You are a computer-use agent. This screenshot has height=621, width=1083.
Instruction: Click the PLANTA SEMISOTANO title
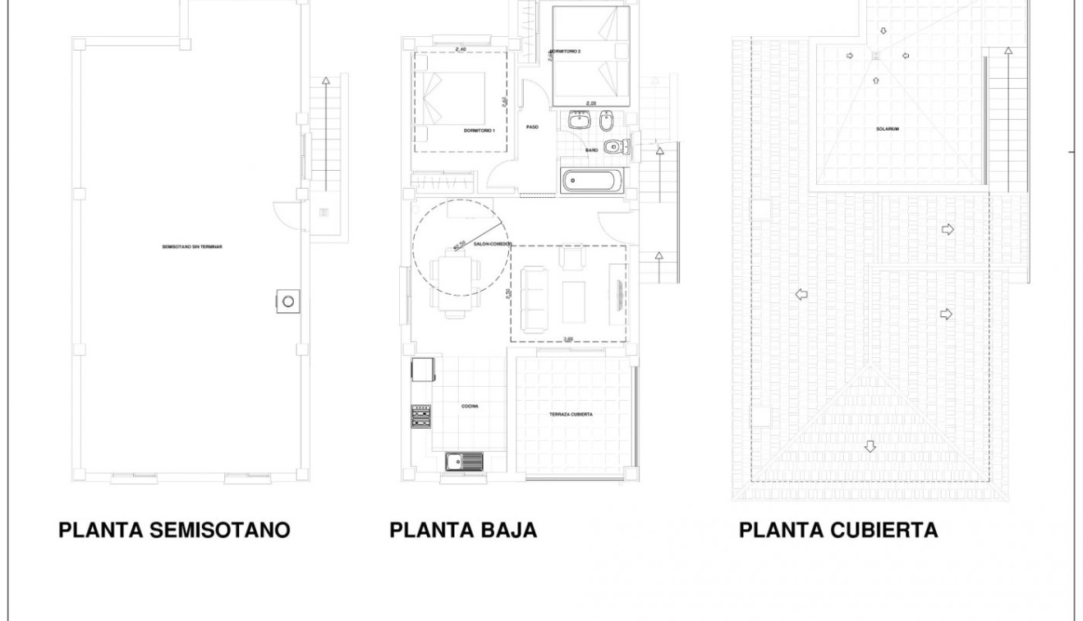click(174, 530)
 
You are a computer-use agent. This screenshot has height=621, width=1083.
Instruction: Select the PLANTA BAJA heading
click(463, 530)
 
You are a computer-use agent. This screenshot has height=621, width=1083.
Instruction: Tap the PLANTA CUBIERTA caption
click(838, 530)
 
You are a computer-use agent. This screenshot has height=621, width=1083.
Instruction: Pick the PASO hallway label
click(531, 126)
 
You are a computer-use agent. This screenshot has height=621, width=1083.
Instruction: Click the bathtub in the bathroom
click(592, 180)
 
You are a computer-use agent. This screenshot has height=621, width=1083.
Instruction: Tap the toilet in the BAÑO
click(613, 148)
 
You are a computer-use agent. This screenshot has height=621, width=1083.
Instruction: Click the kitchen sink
click(464, 462)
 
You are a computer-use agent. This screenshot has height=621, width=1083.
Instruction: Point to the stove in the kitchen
click(421, 416)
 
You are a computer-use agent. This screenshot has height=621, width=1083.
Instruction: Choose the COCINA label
click(470, 406)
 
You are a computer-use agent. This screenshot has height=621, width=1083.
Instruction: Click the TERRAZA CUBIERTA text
click(571, 415)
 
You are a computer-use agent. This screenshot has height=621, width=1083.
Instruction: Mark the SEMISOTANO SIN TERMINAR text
click(193, 246)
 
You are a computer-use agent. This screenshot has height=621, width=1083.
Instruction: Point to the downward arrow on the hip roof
click(870, 447)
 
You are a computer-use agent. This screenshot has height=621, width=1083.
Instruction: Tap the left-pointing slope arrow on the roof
click(801, 294)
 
